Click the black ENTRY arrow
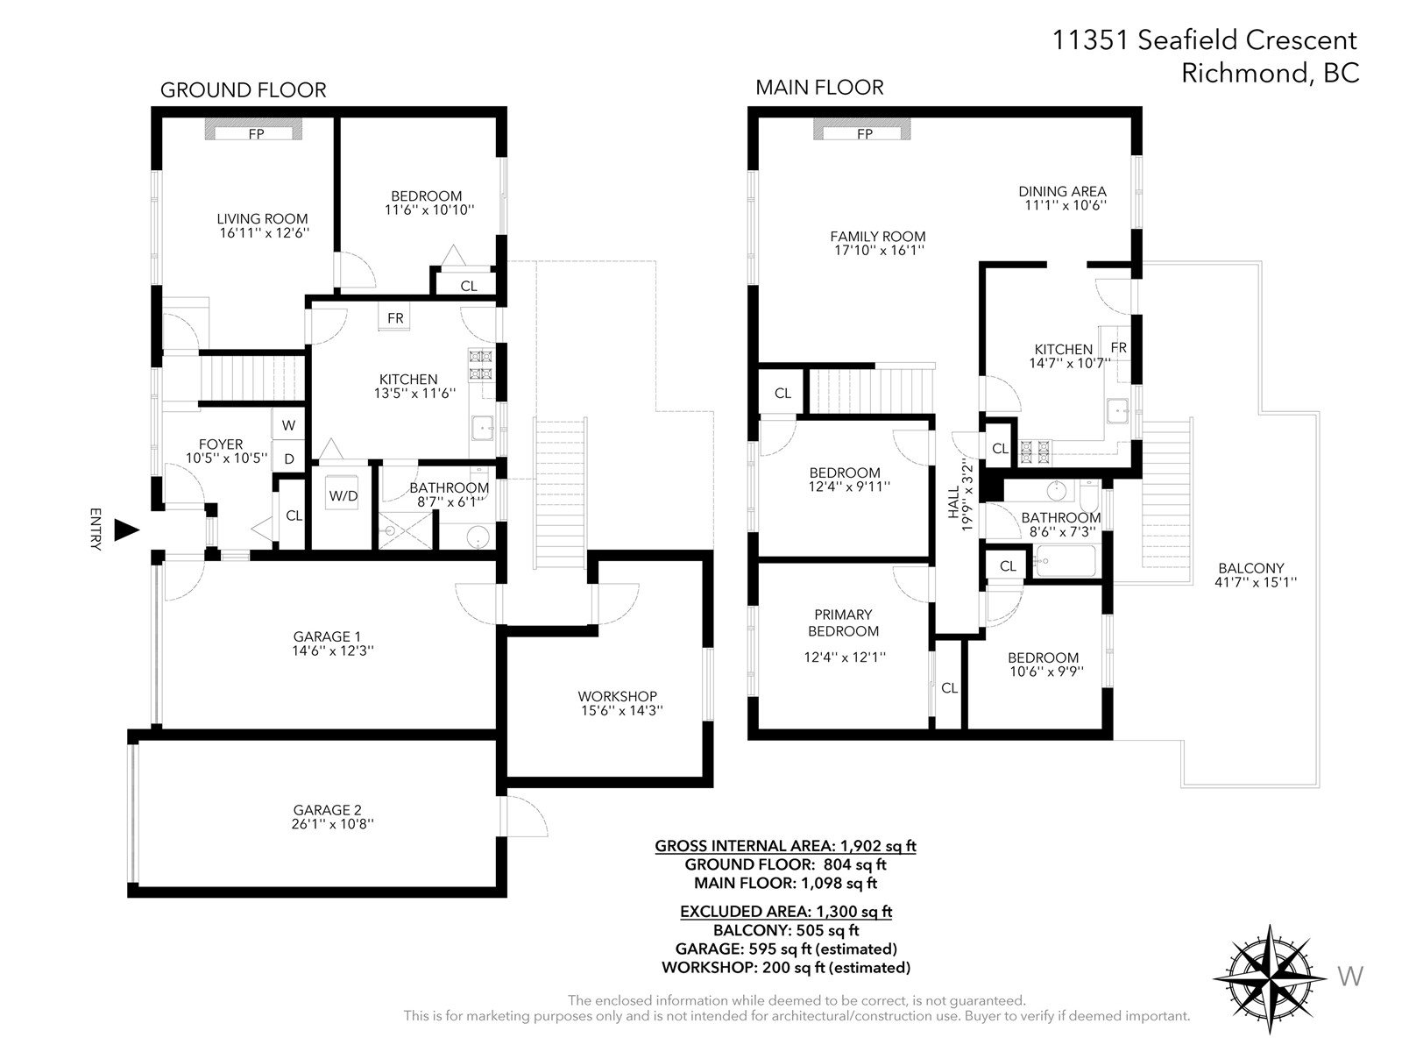(126, 530)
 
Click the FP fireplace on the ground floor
(253, 131)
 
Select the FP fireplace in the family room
(861, 131)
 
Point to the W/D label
(343, 495)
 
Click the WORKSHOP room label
(618, 696)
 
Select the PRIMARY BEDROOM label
(843, 622)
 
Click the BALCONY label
(1251, 568)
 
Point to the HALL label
(953, 502)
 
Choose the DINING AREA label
(1062, 191)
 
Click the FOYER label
(221, 444)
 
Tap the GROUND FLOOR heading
(244, 90)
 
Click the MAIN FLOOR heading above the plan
(819, 88)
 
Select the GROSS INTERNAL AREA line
(786, 846)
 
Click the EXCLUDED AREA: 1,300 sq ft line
(786, 912)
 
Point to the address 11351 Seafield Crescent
(1204, 40)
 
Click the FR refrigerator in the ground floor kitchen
(395, 317)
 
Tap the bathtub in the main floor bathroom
(1066, 561)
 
